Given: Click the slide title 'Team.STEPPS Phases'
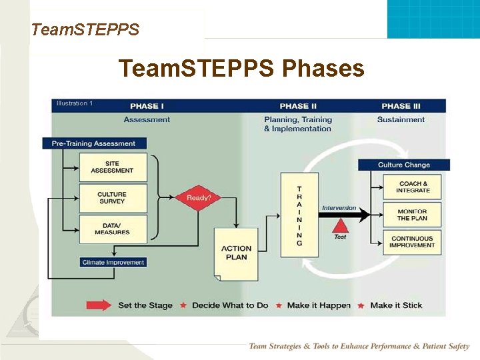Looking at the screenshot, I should (241, 68).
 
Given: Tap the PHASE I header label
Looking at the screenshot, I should (147, 106).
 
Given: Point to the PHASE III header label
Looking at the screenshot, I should (401, 106).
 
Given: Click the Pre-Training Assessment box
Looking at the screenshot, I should (93, 143).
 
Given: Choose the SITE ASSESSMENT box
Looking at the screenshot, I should (113, 167).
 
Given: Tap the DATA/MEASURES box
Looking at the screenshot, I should (113, 229).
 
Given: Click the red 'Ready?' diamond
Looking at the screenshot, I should (198, 198).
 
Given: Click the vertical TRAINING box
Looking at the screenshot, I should (299, 215).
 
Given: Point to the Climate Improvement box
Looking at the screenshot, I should (113, 263).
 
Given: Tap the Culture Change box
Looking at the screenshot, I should (404, 165).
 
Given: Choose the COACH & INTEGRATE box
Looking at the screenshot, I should (413, 187).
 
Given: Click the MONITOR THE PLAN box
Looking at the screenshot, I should (413, 215).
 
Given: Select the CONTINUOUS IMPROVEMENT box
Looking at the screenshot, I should (413, 241).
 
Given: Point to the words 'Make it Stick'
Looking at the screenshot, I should (396, 305).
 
